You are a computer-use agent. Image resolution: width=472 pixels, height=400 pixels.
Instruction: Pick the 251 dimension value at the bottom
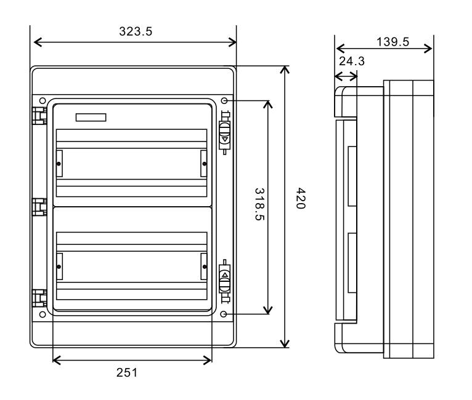click(132, 372)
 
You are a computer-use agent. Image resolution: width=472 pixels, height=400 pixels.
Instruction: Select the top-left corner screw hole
click(42, 101)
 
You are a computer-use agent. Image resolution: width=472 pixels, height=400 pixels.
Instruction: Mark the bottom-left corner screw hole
click(42, 314)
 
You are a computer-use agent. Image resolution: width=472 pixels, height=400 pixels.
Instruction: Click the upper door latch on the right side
click(225, 132)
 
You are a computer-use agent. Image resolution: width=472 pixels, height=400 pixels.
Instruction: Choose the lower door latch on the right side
click(225, 281)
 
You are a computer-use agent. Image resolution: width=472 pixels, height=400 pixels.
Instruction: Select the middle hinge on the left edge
click(38, 207)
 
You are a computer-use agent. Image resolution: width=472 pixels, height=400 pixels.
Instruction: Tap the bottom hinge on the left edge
click(38, 299)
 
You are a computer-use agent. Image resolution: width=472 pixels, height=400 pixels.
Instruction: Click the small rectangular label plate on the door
click(91, 117)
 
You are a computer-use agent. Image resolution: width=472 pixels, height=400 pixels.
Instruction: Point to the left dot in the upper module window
click(59, 164)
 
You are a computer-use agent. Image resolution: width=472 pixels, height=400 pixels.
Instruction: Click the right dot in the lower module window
click(203, 266)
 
